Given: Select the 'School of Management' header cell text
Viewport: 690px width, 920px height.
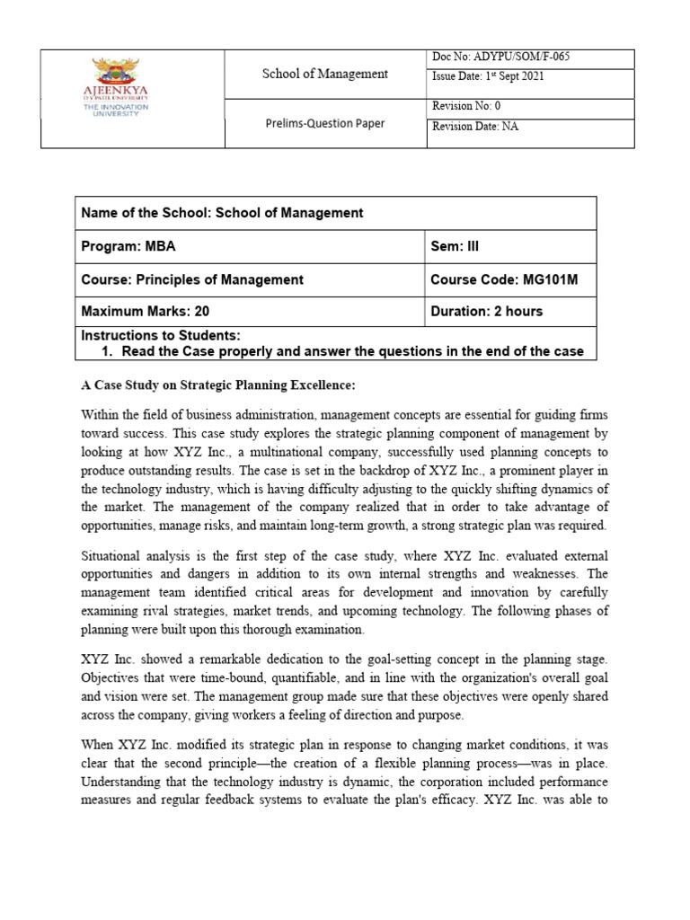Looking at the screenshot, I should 324,74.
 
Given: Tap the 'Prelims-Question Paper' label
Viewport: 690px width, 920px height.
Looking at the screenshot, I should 324,123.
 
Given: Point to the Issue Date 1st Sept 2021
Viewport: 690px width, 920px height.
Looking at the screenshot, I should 488,77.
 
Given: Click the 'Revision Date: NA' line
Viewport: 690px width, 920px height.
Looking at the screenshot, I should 475,127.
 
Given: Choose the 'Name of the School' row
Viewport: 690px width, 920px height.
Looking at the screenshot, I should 222,213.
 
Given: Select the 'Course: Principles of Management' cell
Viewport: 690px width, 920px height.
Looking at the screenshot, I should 192,279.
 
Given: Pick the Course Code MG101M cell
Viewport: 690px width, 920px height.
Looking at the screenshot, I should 503,279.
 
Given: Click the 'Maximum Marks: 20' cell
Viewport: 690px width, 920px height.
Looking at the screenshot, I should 146,312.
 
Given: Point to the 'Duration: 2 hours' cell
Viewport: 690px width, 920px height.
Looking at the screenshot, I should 486,312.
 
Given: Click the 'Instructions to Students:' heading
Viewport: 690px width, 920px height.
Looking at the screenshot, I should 161,334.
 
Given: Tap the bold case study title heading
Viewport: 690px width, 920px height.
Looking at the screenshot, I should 218,385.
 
